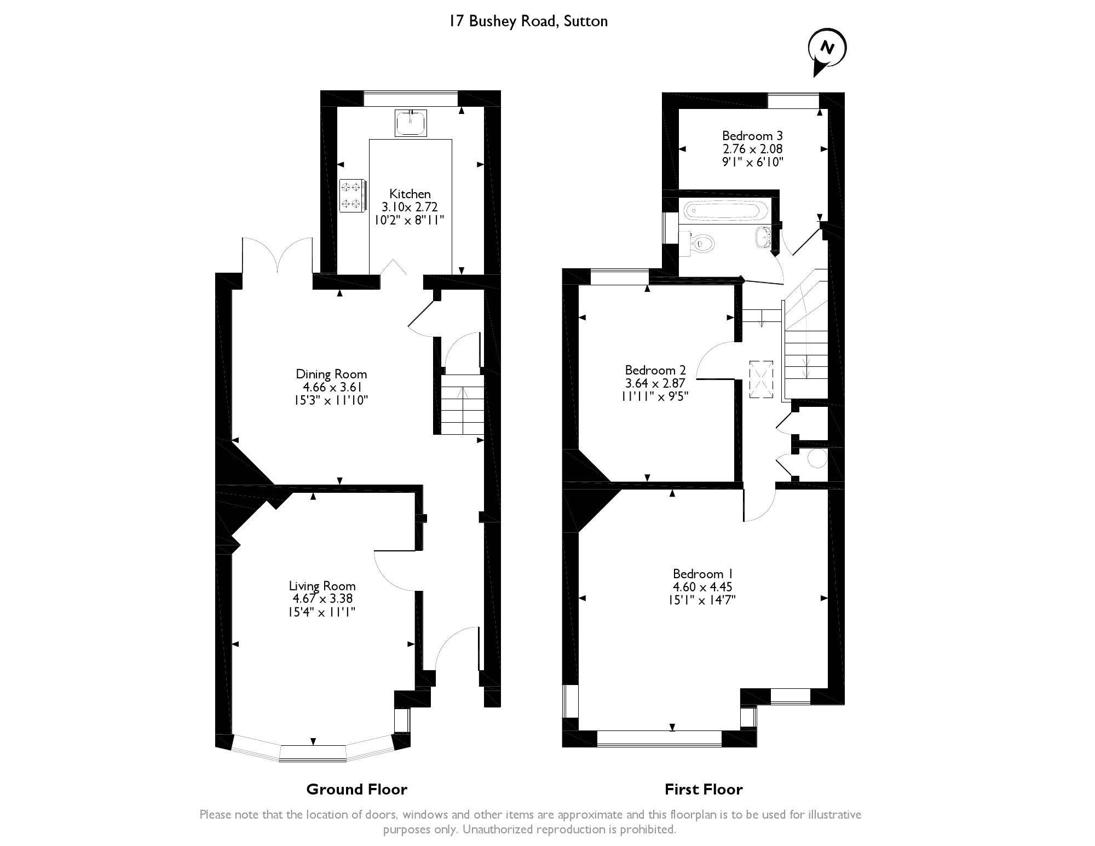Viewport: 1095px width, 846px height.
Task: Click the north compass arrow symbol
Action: [x=827, y=52]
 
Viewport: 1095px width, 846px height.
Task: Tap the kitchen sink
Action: [x=410, y=123]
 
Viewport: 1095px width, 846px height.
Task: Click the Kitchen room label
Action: [x=410, y=194]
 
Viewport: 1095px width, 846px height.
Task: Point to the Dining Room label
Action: [x=331, y=374]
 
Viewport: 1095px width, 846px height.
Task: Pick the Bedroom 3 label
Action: [x=752, y=136]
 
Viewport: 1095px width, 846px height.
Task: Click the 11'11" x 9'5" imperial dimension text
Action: [x=655, y=396]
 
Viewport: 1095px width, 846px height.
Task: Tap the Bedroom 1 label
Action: [x=703, y=574]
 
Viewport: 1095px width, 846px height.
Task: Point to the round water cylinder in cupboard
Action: [x=816, y=458]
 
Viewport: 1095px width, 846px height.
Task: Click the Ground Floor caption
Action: [x=356, y=789]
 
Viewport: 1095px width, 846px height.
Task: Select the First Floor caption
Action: [x=704, y=789]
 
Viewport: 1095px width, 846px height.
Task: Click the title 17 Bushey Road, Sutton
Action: [x=528, y=21]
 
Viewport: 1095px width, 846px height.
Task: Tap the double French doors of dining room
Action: [x=278, y=255]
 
